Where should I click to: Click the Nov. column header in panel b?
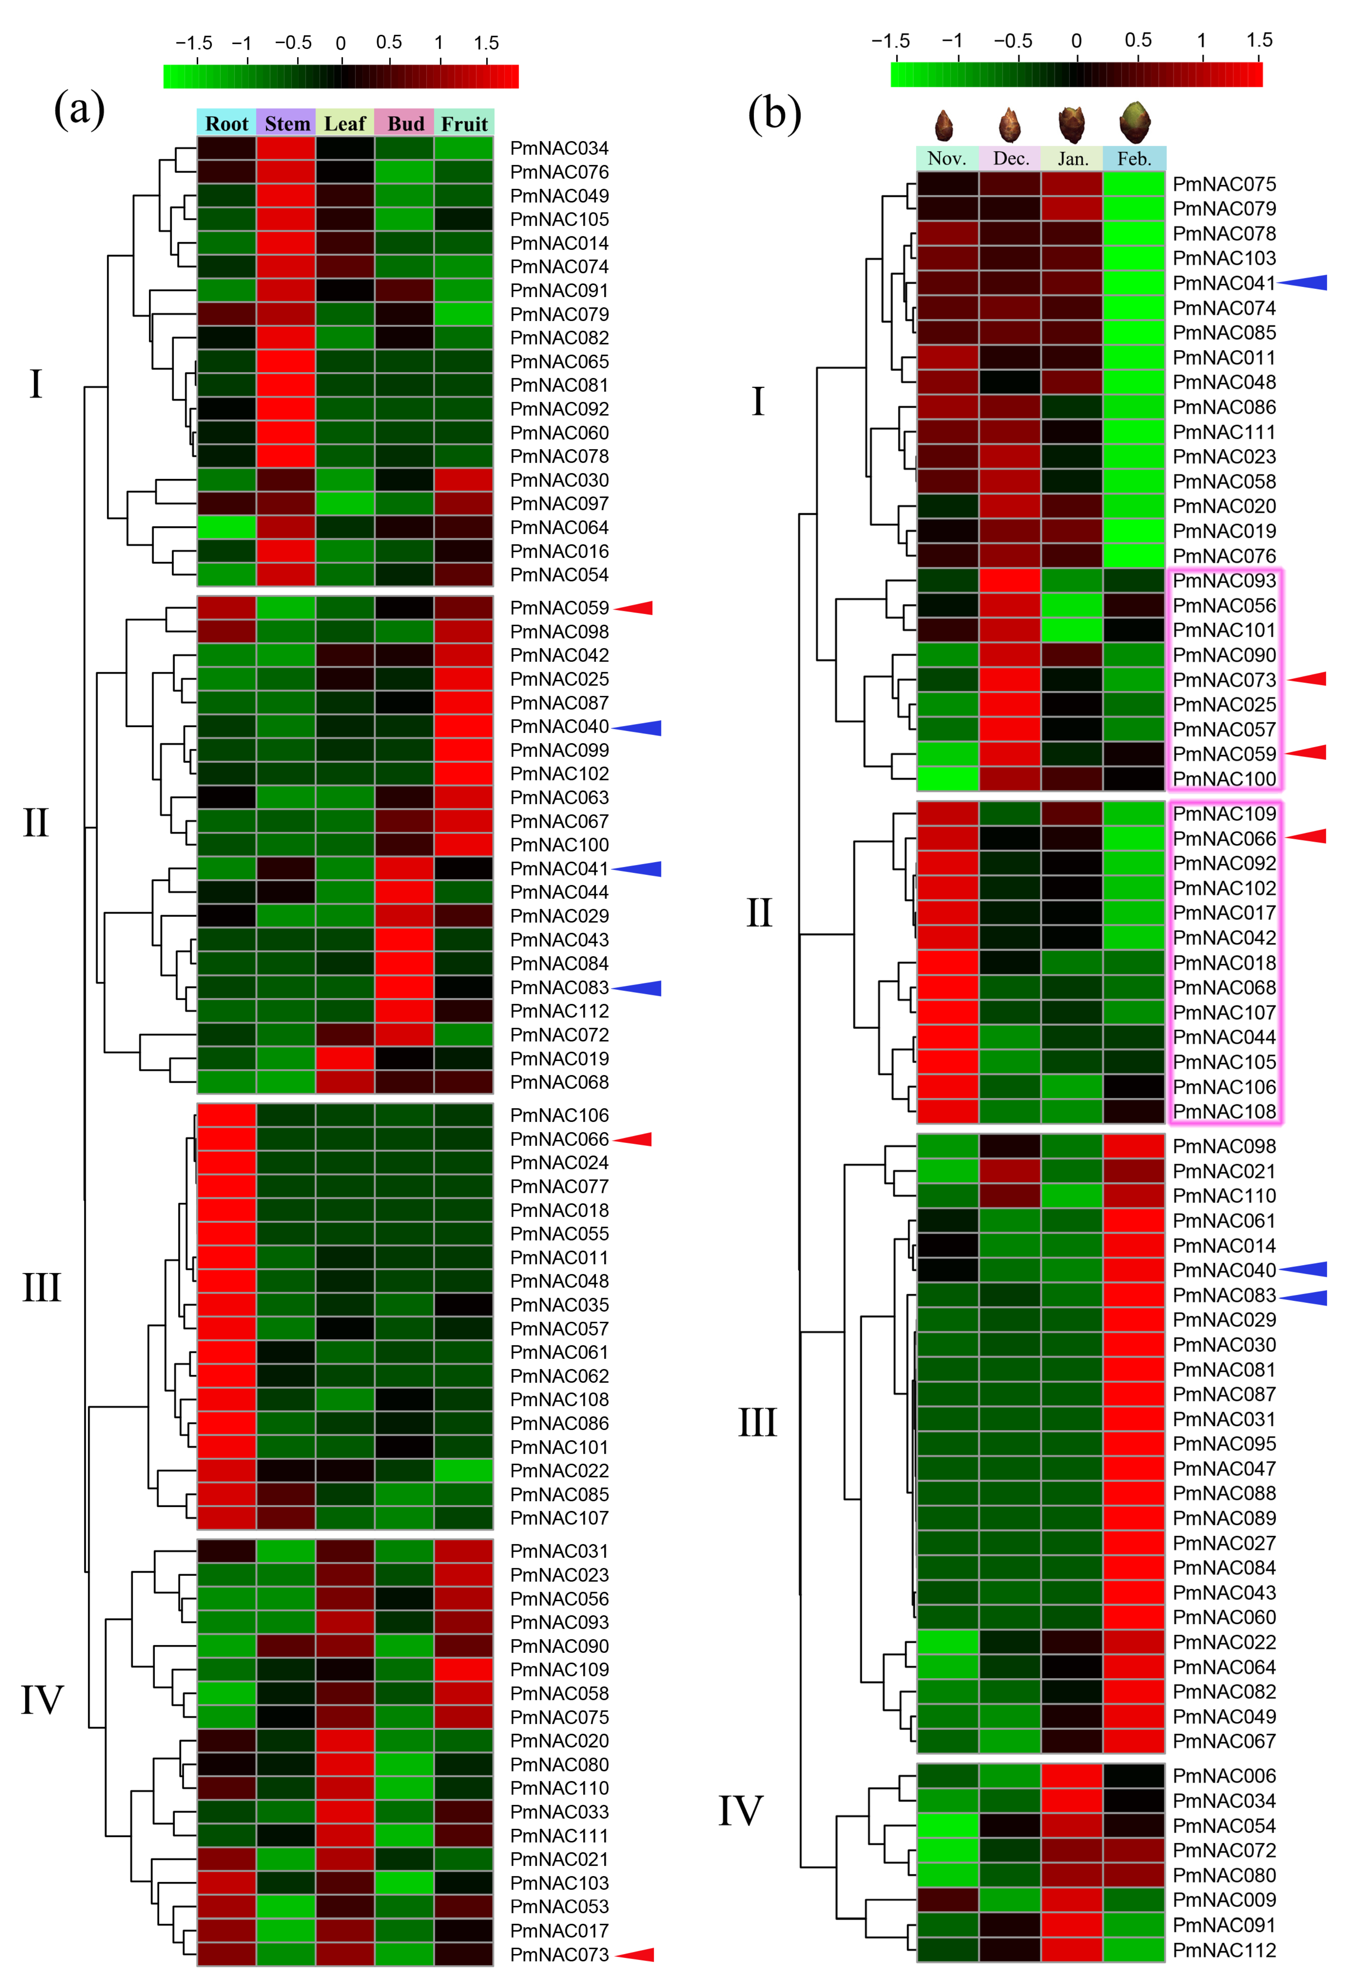(x=947, y=158)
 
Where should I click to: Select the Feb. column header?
(x=1134, y=158)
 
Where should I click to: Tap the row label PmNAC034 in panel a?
(x=559, y=148)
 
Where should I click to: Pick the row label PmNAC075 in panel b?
(x=1224, y=184)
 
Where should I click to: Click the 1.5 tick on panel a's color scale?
(x=487, y=43)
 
